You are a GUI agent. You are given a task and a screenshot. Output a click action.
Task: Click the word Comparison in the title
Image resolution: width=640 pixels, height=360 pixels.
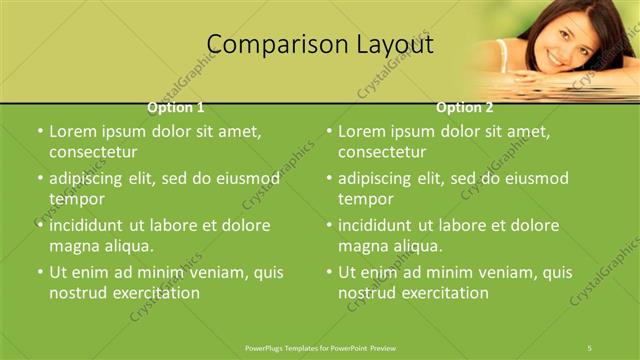pyautogui.click(x=265, y=45)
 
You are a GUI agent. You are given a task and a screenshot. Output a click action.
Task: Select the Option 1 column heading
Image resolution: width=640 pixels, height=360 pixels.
pyautogui.click(x=176, y=107)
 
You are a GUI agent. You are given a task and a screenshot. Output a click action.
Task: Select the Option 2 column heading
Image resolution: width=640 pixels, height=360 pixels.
pyautogui.click(x=465, y=107)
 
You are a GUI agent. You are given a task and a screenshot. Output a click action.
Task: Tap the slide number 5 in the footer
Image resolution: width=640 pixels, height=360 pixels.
pyautogui.click(x=590, y=347)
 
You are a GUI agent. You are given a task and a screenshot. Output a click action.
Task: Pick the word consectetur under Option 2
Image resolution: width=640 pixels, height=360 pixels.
pyautogui.click(x=382, y=152)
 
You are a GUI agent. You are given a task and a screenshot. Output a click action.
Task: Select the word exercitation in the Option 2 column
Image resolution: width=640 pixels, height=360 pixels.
pyautogui.click(x=440, y=293)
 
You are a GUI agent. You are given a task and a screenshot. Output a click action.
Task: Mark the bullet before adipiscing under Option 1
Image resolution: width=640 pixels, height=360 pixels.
pyautogui.click(x=39, y=179)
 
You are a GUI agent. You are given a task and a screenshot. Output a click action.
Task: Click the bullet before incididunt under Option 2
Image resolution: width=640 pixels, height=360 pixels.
pyautogui.click(x=329, y=226)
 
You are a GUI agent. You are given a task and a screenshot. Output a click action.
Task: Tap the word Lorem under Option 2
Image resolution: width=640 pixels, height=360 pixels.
pyautogui.click(x=362, y=131)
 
